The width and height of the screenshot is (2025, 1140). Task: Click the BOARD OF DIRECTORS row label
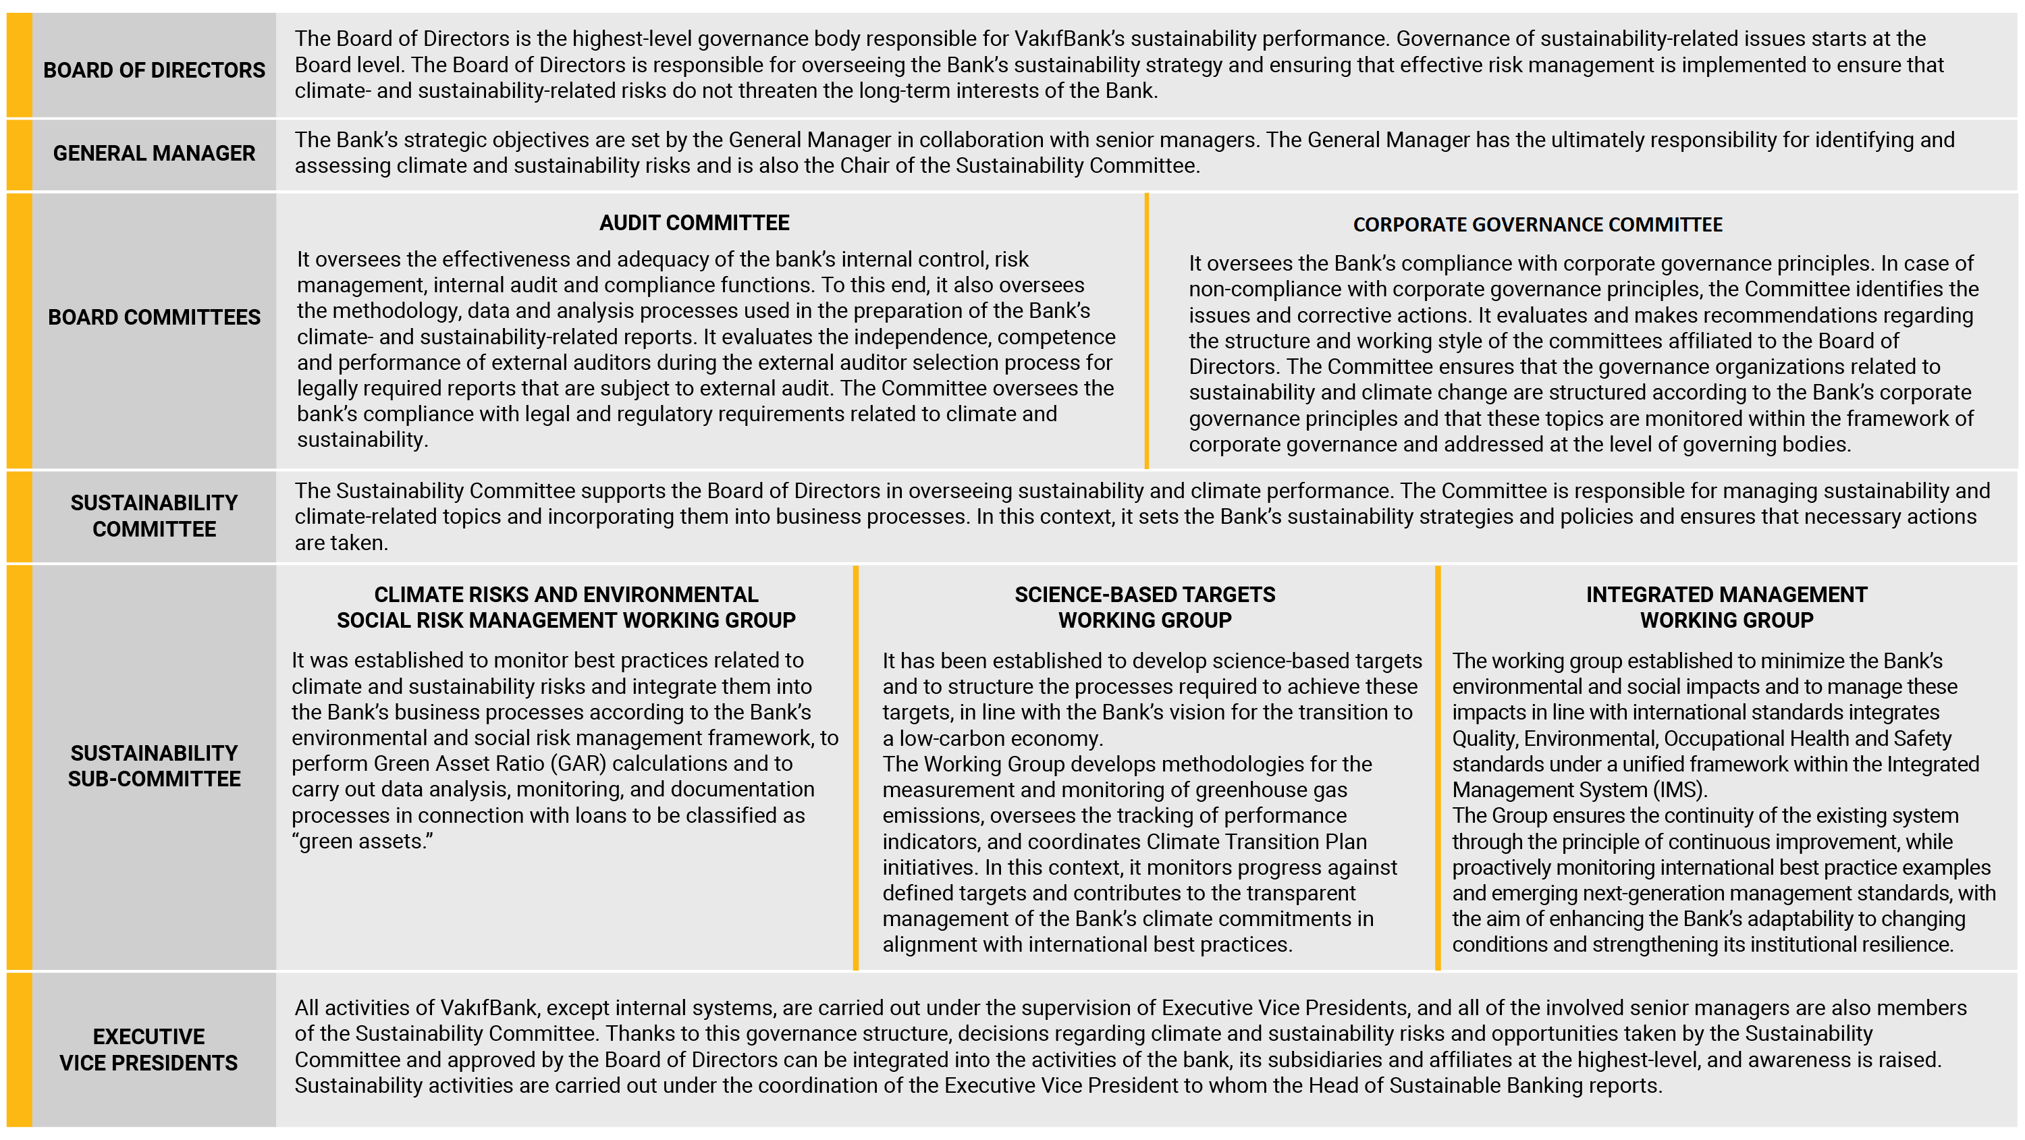click(x=154, y=70)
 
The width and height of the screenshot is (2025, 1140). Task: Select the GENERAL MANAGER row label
click(x=154, y=153)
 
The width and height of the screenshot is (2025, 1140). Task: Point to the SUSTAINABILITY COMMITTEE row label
click(x=154, y=516)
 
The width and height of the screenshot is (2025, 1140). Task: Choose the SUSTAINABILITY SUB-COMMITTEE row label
click(x=154, y=766)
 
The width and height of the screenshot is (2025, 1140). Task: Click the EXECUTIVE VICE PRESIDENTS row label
click(x=148, y=1050)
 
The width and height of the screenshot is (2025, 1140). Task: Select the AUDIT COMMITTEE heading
click(x=694, y=223)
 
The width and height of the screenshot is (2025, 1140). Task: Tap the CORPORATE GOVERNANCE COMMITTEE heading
click(x=1537, y=225)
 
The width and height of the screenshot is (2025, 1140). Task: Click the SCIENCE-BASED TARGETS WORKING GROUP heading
click(x=1145, y=607)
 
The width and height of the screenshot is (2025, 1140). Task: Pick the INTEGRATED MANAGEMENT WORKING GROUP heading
click(x=1726, y=607)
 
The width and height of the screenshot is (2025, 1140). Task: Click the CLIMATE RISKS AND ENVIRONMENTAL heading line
click(x=566, y=595)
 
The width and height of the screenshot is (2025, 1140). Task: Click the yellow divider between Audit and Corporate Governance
click(x=1147, y=331)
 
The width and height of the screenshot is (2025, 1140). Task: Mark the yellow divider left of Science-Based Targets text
click(x=855, y=767)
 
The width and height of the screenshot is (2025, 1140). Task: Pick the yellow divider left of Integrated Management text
click(x=1438, y=767)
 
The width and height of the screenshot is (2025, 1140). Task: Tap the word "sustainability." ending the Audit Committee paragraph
click(x=362, y=440)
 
